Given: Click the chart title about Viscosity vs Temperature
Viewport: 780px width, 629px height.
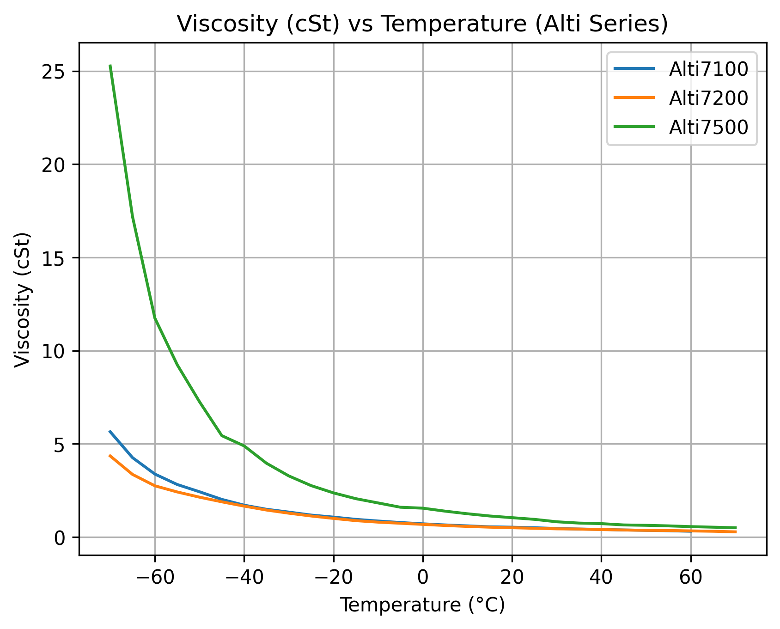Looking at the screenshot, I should (x=422, y=24).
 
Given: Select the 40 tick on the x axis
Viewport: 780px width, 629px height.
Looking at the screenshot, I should (x=601, y=576).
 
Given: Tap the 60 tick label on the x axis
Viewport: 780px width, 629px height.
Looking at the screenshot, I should (x=690, y=576).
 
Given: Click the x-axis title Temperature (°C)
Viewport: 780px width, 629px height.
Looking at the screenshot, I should (x=422, y=605).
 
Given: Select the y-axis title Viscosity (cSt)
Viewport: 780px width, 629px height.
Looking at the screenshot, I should (x=22, y=300).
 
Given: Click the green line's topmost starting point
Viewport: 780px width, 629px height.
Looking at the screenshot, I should (x=110, y=66).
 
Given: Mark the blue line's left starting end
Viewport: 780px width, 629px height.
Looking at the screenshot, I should (x=110, y=431).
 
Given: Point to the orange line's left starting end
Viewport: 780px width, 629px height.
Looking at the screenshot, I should (x=110, y=456).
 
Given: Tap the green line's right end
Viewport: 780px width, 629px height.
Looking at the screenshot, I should (x=735, y=528).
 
